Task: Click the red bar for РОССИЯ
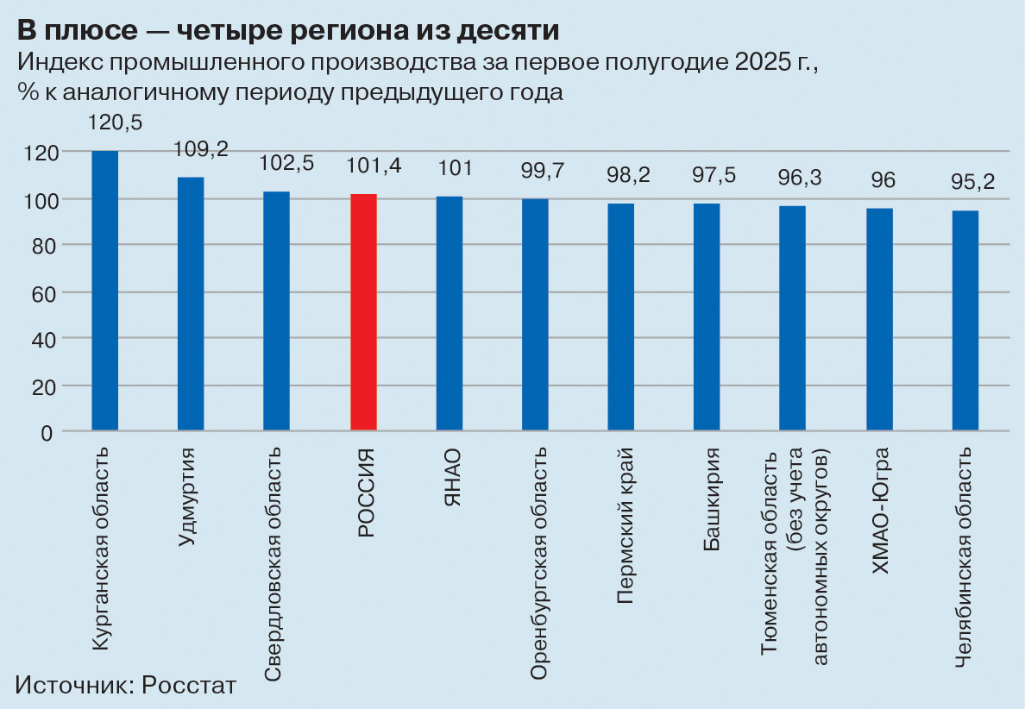363,312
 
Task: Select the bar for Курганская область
105,291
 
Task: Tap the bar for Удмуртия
191,304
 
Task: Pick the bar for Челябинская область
965,320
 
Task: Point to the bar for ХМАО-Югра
879,319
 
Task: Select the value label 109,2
202,149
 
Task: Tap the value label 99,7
543,171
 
